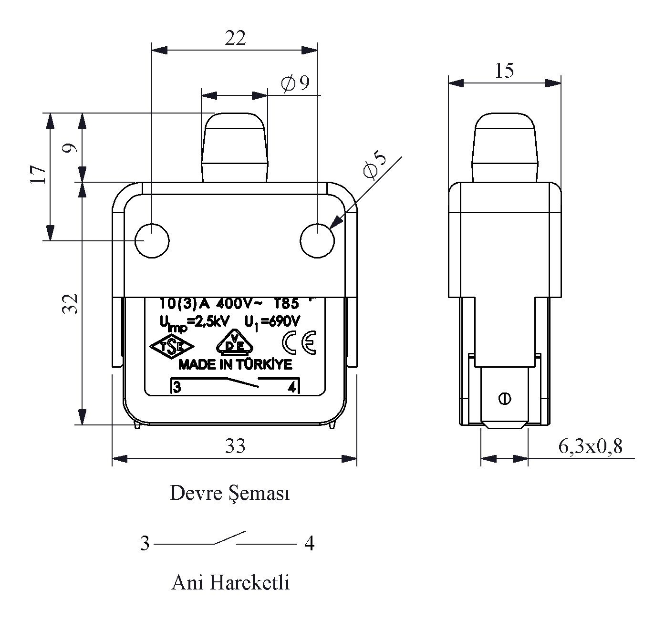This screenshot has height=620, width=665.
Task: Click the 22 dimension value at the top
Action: coord(235,38)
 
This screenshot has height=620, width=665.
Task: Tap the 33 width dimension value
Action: coord(235,446)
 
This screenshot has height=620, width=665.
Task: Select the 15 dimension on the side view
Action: coord(504,71)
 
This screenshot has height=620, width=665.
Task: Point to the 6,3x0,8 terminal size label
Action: coord(590,447)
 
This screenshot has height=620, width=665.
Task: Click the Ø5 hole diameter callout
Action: coord(375,165)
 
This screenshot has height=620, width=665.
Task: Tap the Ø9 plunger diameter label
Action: coord(296,84)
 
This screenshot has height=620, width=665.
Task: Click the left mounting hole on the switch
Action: coord(152,240)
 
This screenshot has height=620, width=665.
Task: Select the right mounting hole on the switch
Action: coord(317,240)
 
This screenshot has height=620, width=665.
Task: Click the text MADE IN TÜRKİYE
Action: coord(235,365)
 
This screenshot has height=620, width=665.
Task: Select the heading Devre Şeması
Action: coord(230,494)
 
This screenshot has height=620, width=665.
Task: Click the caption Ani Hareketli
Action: coord(230,582)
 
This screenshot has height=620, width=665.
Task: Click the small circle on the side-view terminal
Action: coord(504,398)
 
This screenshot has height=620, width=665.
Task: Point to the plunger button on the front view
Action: coord(234,145)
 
